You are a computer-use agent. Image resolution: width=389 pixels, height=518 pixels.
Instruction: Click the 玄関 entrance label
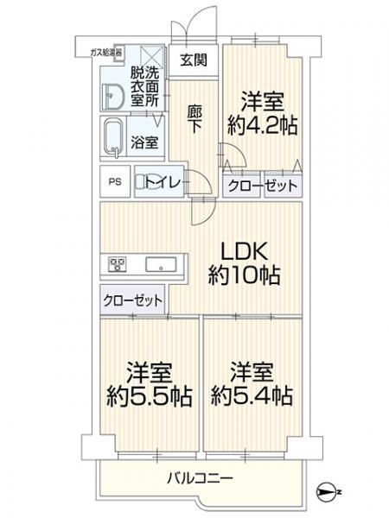point(194,60)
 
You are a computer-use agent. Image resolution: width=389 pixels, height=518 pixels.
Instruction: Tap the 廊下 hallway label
point(194,120)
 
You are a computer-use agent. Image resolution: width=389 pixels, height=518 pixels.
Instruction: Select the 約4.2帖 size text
point(263,125)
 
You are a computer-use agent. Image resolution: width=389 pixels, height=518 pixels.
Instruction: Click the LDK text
point(244,251)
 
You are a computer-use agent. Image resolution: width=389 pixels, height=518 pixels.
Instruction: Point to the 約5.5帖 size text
point(150,395)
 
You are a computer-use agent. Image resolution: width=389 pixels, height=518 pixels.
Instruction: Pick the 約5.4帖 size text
point(252,395)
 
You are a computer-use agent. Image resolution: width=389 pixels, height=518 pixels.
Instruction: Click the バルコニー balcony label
point(201,478)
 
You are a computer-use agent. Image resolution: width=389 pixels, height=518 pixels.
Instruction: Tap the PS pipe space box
point(115,181)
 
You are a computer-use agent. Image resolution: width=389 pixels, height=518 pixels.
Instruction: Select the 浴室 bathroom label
point(144,142)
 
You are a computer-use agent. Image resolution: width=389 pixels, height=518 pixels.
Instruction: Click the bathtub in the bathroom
point(113,138)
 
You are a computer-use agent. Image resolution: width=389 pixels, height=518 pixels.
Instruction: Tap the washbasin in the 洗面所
point(111,96)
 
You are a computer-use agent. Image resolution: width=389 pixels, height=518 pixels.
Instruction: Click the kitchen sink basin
point(161,264)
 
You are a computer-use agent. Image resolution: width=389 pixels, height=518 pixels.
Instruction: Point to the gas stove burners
point(117,264)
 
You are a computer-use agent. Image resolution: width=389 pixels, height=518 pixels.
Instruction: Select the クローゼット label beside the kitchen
point(133,300)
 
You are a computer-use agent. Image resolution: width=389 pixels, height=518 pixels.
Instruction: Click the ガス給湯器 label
point(106,52)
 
